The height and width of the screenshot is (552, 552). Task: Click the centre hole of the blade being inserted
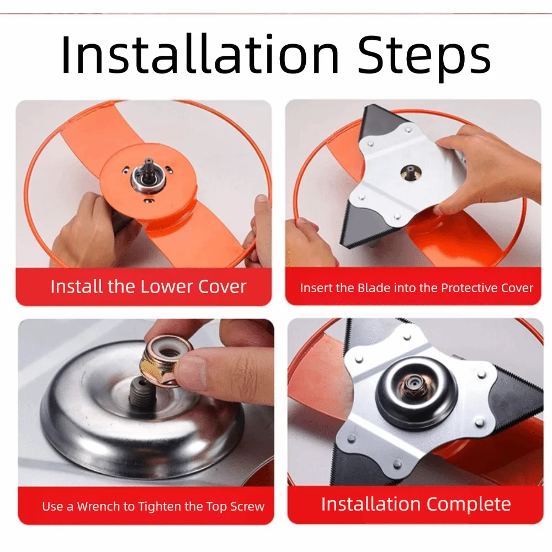tap(409, 172)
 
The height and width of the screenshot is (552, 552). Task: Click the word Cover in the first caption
tap(222, 286)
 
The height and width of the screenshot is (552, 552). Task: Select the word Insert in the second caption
tap(316, 288)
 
